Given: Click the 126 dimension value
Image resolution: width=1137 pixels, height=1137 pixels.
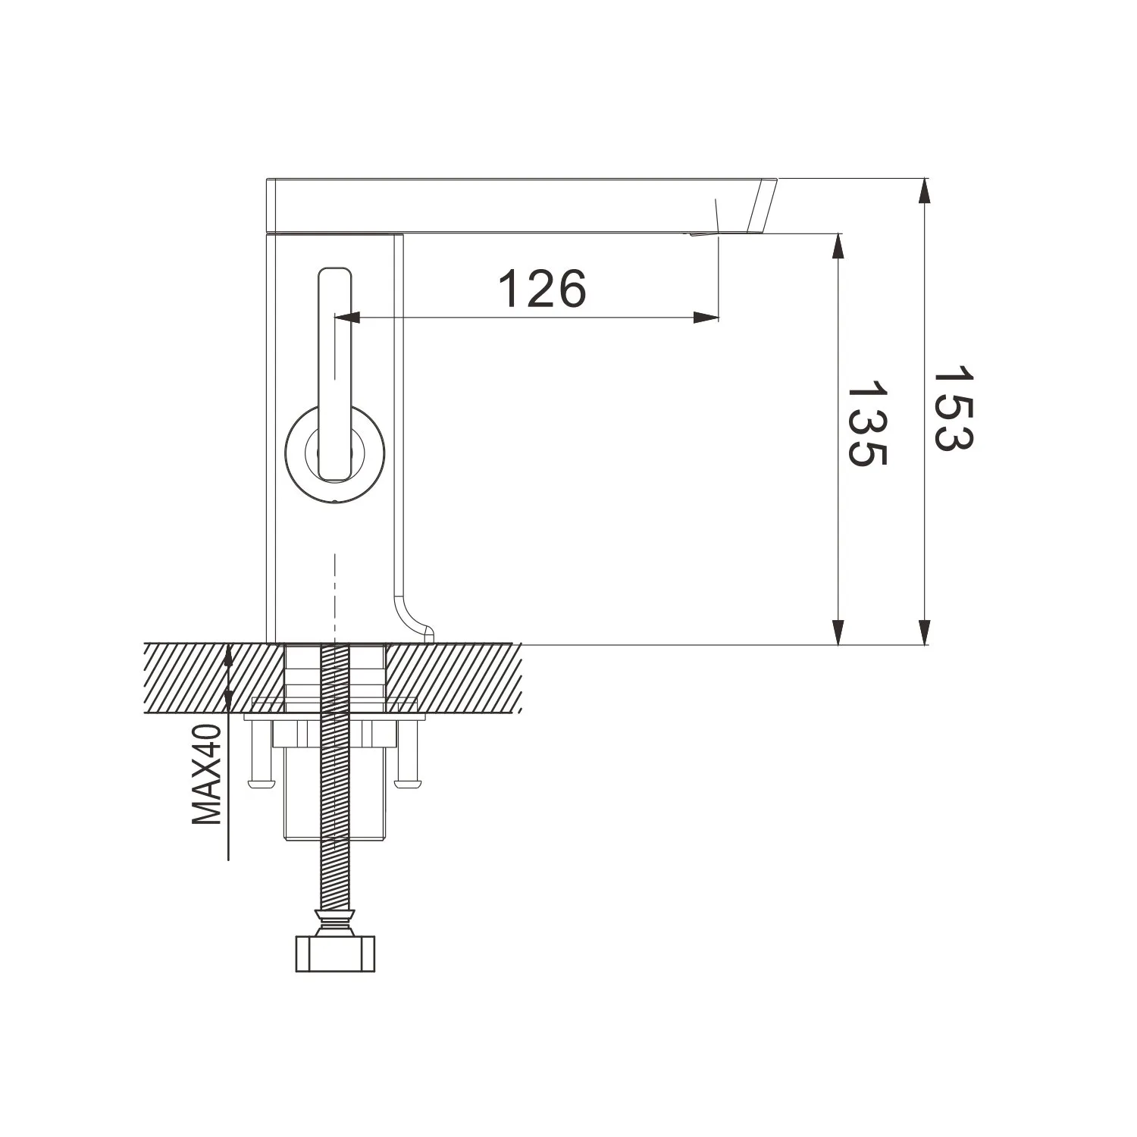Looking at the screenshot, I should (x=542, y=289).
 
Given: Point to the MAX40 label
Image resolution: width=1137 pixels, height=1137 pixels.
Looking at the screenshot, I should (x=205, y=774).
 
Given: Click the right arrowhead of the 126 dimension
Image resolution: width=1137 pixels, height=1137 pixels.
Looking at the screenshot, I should (x=705, y=318).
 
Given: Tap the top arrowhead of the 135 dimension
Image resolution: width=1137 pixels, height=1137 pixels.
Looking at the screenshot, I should (x=838, y=246).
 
